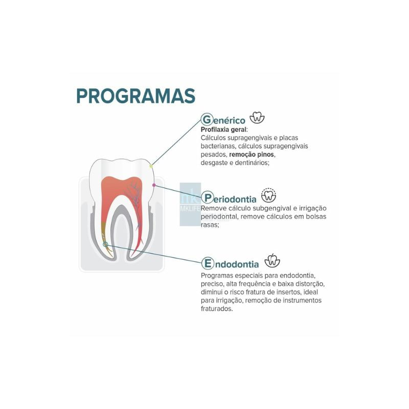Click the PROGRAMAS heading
tap(135, 96)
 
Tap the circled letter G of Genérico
tap(207, 120)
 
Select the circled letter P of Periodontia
tap(208, 198)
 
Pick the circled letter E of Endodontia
tap(208, 263)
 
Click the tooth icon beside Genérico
tap(257, 118)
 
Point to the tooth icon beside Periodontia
tap(269, 195)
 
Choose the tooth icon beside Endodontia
tap(272, 261)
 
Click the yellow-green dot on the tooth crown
tap(151, 166)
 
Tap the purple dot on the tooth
tap(154, 185)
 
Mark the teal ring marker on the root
tap(105, 244)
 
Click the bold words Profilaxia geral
tap(223, 129)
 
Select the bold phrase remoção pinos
tap(252, 154)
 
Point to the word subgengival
tap(271, 209)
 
